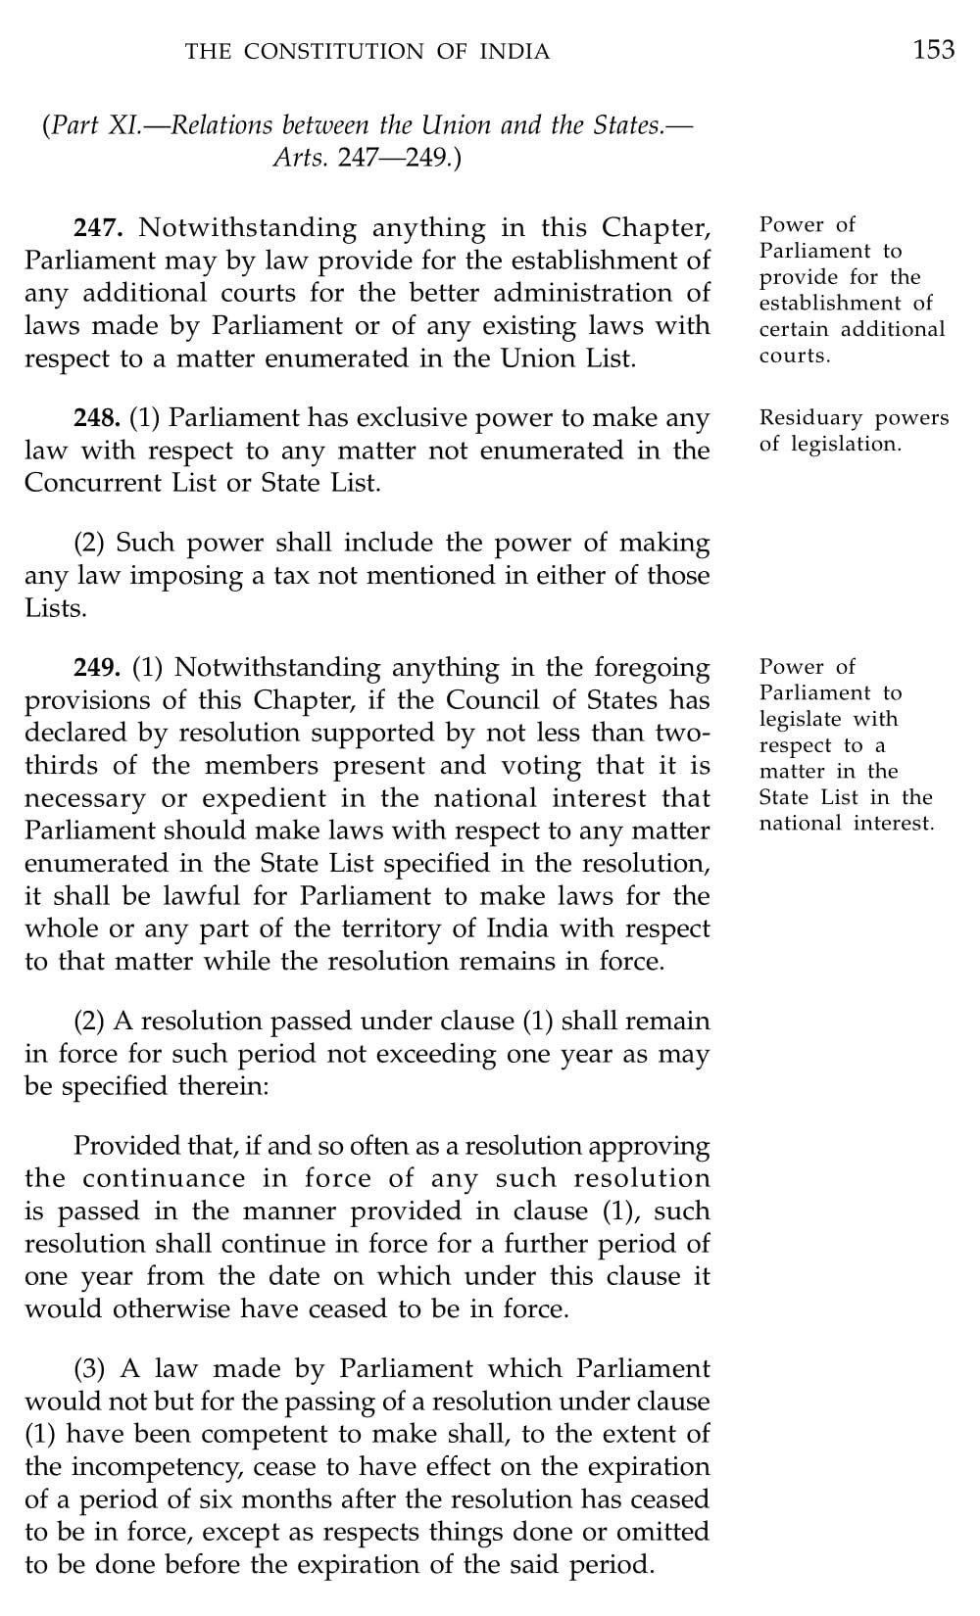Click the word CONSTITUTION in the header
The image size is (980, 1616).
(x=334, y=52)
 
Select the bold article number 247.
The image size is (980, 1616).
(x=98, y=228)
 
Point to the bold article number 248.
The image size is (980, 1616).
(x=97, y=418)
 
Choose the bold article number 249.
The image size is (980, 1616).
(x=97, y=668)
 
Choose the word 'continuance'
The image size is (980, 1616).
(x=165, y=1178)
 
